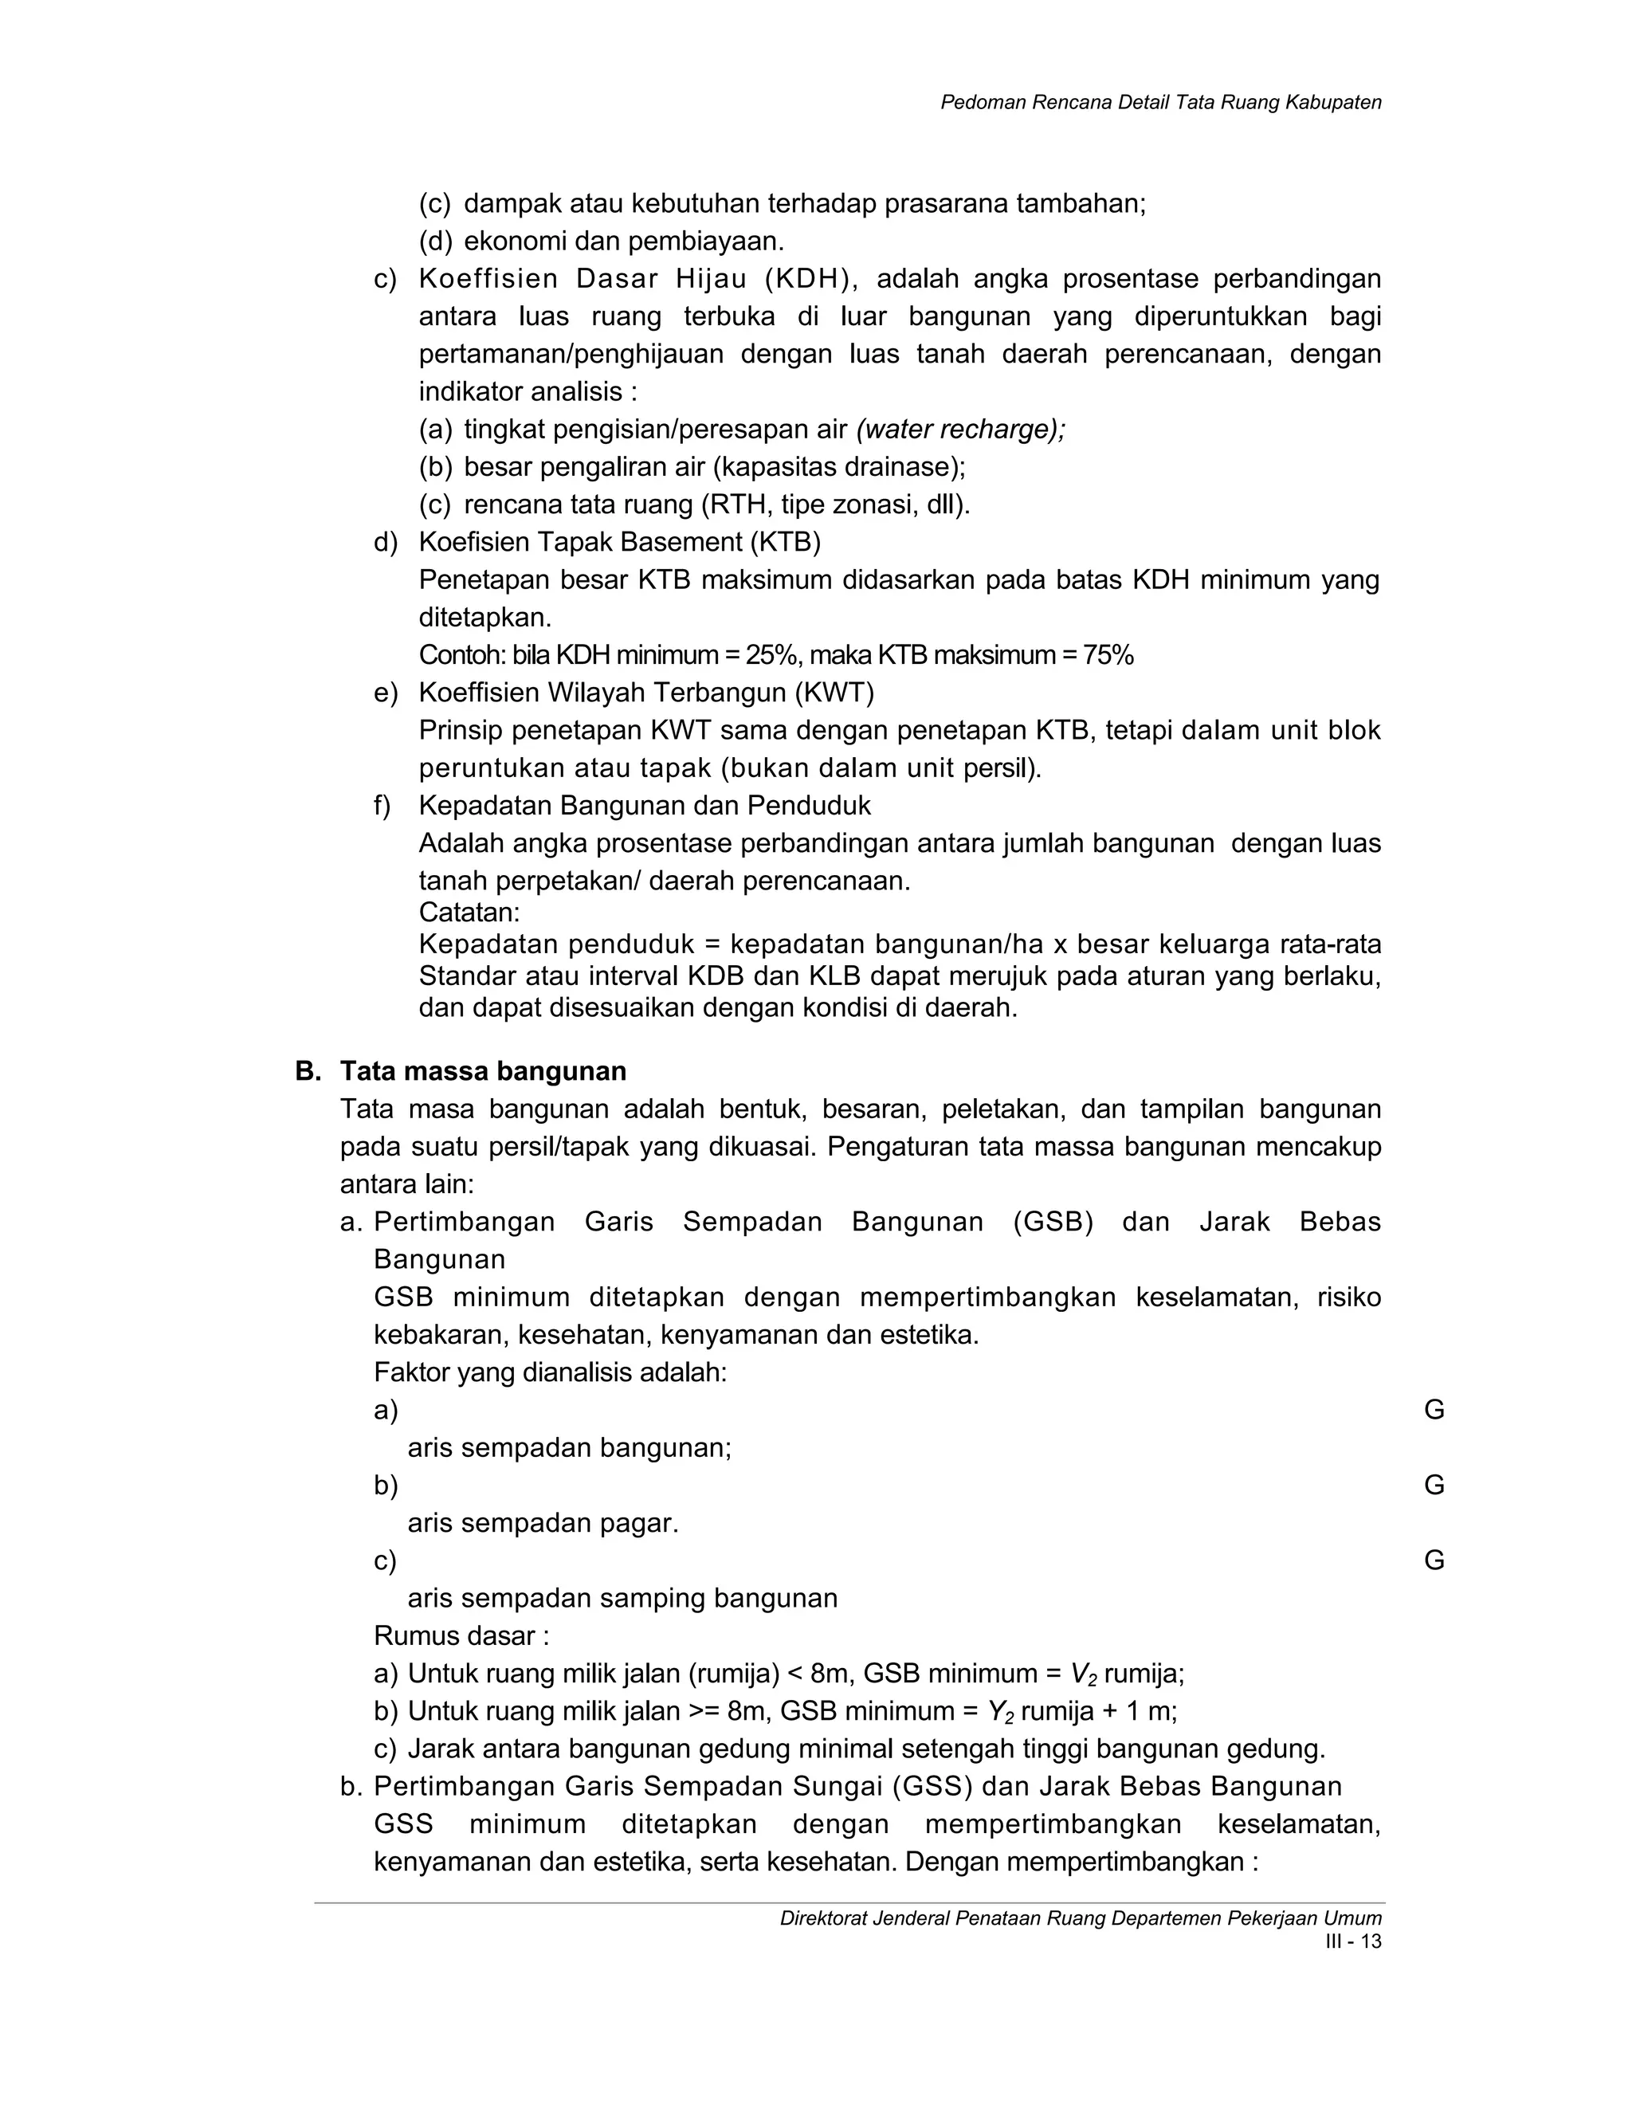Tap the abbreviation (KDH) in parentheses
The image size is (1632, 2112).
point(808,280)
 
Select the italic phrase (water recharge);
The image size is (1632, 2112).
point(960,430)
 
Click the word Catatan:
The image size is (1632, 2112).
point(469,912)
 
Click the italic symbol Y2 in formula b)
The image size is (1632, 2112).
point(1001,1713)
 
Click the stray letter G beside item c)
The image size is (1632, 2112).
point(1434,1560)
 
